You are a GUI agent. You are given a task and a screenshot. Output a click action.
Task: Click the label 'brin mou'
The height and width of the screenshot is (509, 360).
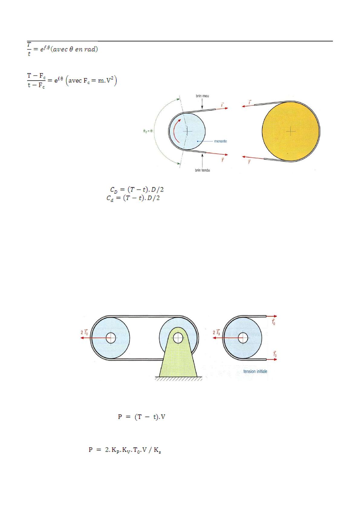(x=202, y=96)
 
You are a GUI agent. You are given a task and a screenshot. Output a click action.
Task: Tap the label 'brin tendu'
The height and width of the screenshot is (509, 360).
(x=202, y=170)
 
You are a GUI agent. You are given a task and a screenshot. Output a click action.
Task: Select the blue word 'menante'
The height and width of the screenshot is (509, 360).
(x=220, y=141)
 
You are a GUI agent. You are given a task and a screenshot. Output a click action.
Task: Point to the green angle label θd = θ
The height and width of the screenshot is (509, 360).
(x=148, y=131)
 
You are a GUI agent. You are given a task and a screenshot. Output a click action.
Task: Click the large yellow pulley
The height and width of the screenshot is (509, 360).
(x=291, y=131)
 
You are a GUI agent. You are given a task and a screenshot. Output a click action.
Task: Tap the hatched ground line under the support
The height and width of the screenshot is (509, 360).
(x=178, y=378)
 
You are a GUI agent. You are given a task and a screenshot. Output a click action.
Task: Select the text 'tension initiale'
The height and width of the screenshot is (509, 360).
(x=255, y=371)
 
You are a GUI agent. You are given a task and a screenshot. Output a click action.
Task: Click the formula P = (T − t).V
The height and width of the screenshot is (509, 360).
(x=141, y=417)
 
